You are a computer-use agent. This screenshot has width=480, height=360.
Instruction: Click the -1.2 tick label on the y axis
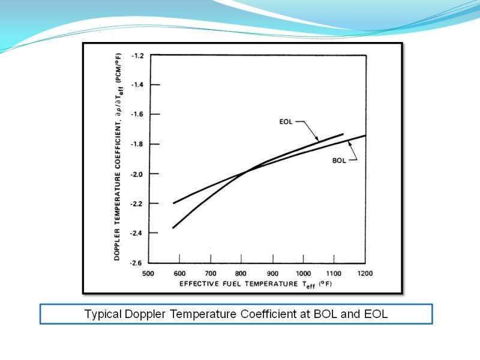tap(137, 56)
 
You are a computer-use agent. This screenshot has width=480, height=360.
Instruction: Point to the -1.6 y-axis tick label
tap(137, 115)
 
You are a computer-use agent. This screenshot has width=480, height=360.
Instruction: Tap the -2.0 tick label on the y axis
tap(137, 174)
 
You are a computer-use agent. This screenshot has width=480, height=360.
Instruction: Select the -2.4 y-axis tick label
tap(137, 233)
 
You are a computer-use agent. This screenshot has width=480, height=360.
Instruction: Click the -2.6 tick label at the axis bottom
tap(137, 263)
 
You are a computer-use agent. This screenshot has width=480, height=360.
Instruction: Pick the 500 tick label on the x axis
tap(148, 273)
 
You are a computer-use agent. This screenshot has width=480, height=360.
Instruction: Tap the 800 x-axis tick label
tap(241, 273)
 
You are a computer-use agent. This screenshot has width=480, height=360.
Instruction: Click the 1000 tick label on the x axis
tap(303, 273)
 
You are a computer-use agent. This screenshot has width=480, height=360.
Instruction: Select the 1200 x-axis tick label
tap(365, 273)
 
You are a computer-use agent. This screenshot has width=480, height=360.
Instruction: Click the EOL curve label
tap(287, 122)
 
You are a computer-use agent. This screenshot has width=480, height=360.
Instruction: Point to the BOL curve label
tap(340, 161)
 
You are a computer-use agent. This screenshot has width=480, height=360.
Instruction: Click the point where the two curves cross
tap(245, 172)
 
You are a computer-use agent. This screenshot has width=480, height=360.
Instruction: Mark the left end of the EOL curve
tap(173, 227)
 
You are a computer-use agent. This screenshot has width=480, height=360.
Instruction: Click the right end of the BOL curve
tap(365, 136)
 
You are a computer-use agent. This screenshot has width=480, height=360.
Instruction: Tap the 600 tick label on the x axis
tap(179, 273)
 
